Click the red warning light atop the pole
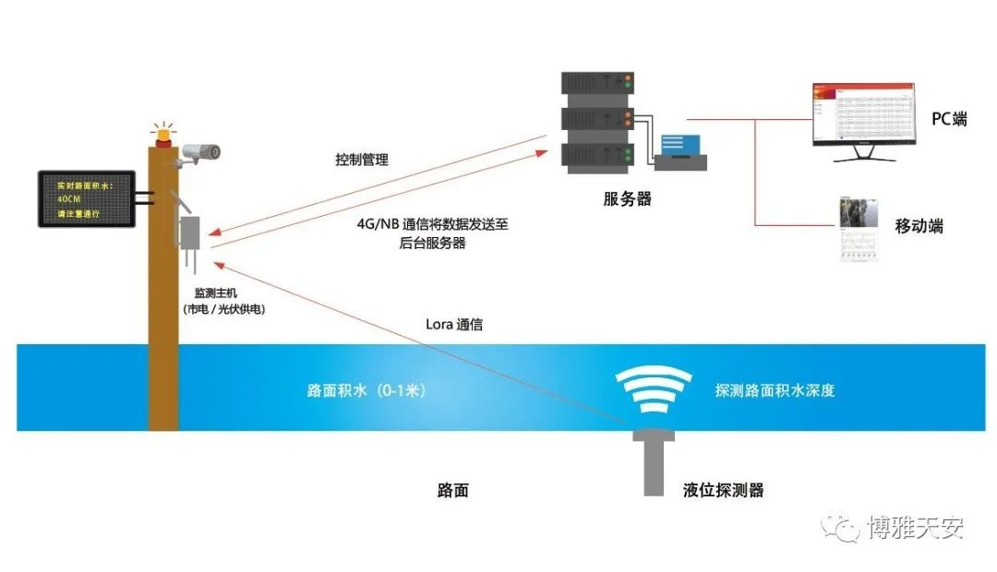coord(163,135)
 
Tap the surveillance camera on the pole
coord(201,152)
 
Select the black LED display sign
coord(84,198)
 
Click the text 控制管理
coord(361,160)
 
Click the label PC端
coord(949,119)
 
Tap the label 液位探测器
coord(724,490)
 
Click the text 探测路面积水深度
coord(775,390)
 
